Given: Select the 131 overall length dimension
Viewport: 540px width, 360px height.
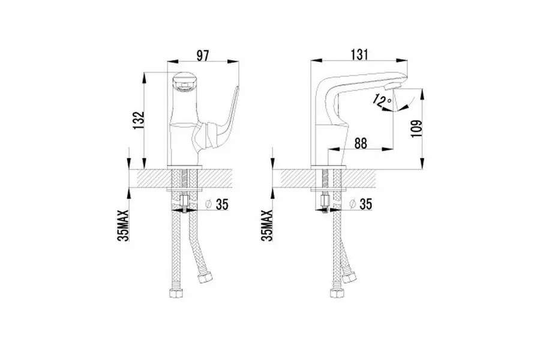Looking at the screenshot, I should pos(358,53).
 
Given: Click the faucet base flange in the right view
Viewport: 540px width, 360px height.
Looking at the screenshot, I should pos(327,166).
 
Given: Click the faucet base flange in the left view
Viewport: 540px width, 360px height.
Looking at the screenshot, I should pos(185,166).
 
